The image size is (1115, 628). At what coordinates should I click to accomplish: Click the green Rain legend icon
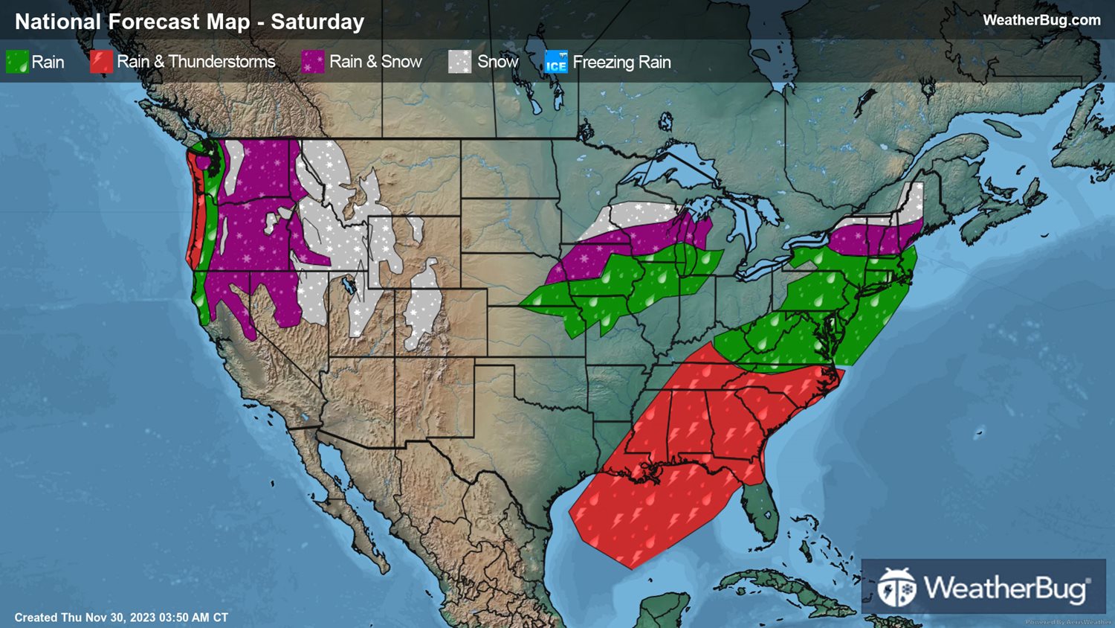[x=17, y=62]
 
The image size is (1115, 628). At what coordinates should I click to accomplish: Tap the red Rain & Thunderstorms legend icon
[x=101, y=62]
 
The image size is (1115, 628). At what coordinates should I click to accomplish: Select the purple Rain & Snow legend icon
[x=313, y=62]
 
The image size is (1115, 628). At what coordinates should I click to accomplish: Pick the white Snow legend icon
[x=460, y=62]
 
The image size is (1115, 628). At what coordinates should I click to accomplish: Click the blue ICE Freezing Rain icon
[x=556, y=62]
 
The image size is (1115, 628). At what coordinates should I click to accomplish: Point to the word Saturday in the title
[x=317, y=22]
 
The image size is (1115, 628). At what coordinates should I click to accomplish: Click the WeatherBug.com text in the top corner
[x=1041, y=20]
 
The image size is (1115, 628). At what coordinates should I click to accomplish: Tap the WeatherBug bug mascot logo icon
[x=896, y=588]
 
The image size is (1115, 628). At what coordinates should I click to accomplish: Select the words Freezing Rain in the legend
[x=621, y=62]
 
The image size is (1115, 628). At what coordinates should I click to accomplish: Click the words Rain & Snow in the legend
[x=375, y=62]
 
